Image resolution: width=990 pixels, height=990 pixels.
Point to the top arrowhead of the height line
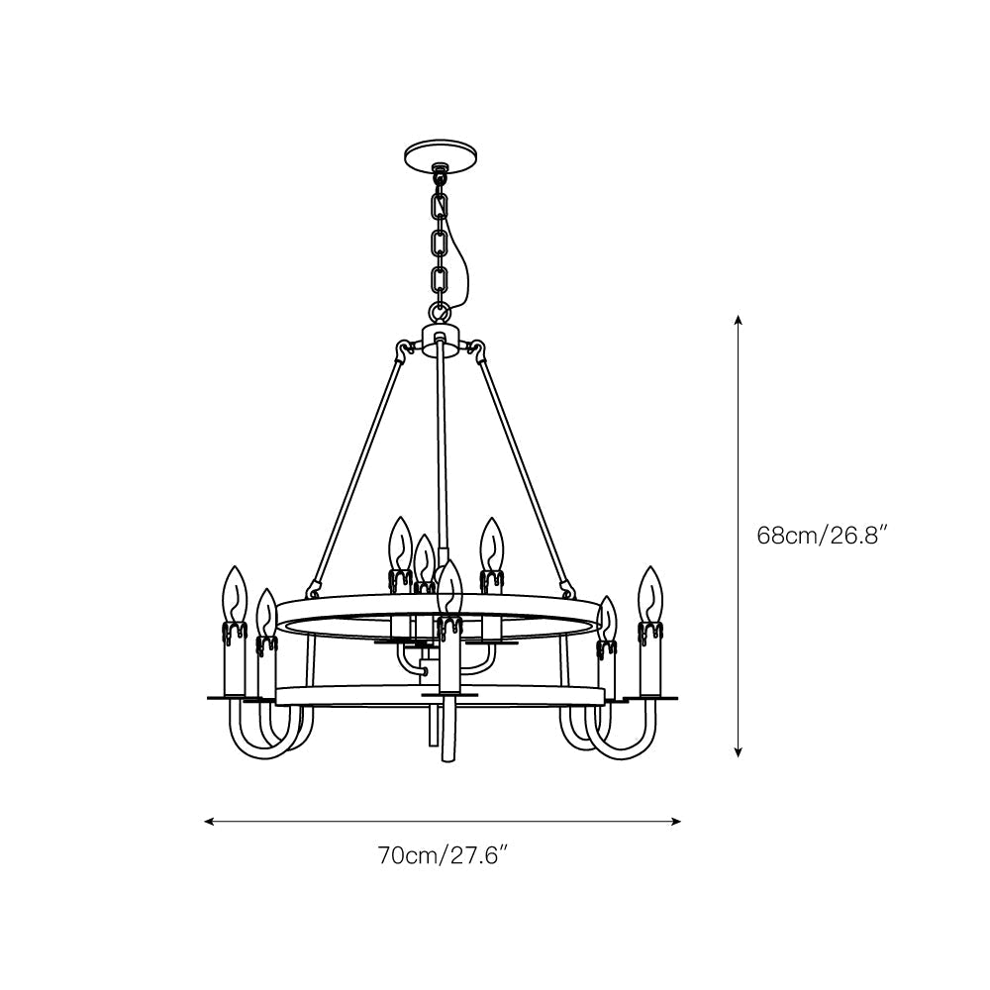739,320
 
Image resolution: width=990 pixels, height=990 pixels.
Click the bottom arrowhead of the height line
739,753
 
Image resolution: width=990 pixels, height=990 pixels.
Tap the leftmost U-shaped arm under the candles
249,738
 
